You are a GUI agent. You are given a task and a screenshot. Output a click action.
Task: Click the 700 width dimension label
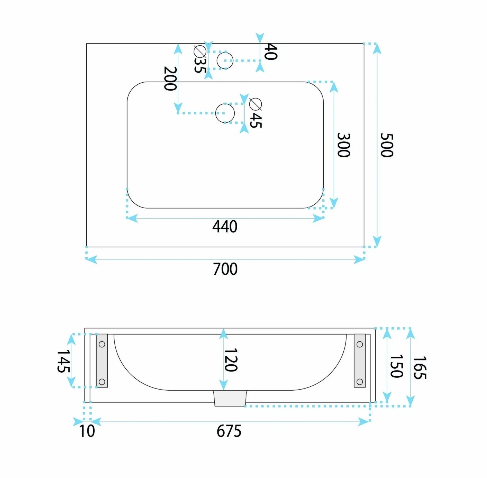click(x=225, y=269)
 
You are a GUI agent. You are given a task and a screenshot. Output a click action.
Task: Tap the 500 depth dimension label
click(x=387, y=145)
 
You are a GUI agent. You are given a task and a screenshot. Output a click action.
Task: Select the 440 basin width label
click(x=225, y=227)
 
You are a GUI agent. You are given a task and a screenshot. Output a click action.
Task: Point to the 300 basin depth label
click(x=344, y=145)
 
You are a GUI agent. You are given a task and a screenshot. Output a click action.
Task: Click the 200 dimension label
click(x=170, y=79)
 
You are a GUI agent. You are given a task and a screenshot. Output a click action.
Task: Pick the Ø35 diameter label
click(x=200, y=59)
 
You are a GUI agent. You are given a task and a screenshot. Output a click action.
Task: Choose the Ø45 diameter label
click(x=256, y=113)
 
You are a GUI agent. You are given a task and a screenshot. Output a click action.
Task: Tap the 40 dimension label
click(x=270, y=51)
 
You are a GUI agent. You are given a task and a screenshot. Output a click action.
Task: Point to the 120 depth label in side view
click(x=231, y=360)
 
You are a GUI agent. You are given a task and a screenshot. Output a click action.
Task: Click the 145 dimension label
click(x=63, y=361)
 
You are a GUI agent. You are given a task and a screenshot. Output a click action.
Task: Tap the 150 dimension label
click(x=396, y=366)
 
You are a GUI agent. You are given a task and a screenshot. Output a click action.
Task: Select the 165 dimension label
click(x=420, y=368)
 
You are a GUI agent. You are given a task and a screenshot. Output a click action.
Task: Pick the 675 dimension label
click(x=229, y=431)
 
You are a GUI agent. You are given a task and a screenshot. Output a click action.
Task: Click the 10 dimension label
click(x=87, y=431)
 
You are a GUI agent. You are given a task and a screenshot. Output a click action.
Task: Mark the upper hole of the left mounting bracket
click(x=102, y=344)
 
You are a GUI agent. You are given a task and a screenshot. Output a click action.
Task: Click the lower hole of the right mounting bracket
click(x=360, y=382)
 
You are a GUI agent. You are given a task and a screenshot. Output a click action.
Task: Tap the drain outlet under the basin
click(x=230, y=398)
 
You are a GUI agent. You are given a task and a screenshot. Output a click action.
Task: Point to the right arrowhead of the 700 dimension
click(x=359, y=259)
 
